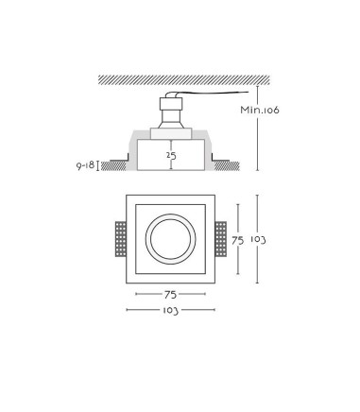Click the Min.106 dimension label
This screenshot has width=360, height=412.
[260, 110]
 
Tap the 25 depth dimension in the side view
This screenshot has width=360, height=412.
[171, 156]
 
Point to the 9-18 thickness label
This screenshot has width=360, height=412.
[85, 165]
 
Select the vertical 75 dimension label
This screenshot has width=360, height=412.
[238, 241]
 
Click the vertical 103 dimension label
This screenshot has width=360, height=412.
[258, 240]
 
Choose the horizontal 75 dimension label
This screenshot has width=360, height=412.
[170, 295]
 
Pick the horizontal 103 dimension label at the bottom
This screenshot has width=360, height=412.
[170, 311]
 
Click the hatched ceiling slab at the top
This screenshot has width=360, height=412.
[184, 80]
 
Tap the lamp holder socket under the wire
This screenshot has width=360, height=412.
[171, 112]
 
